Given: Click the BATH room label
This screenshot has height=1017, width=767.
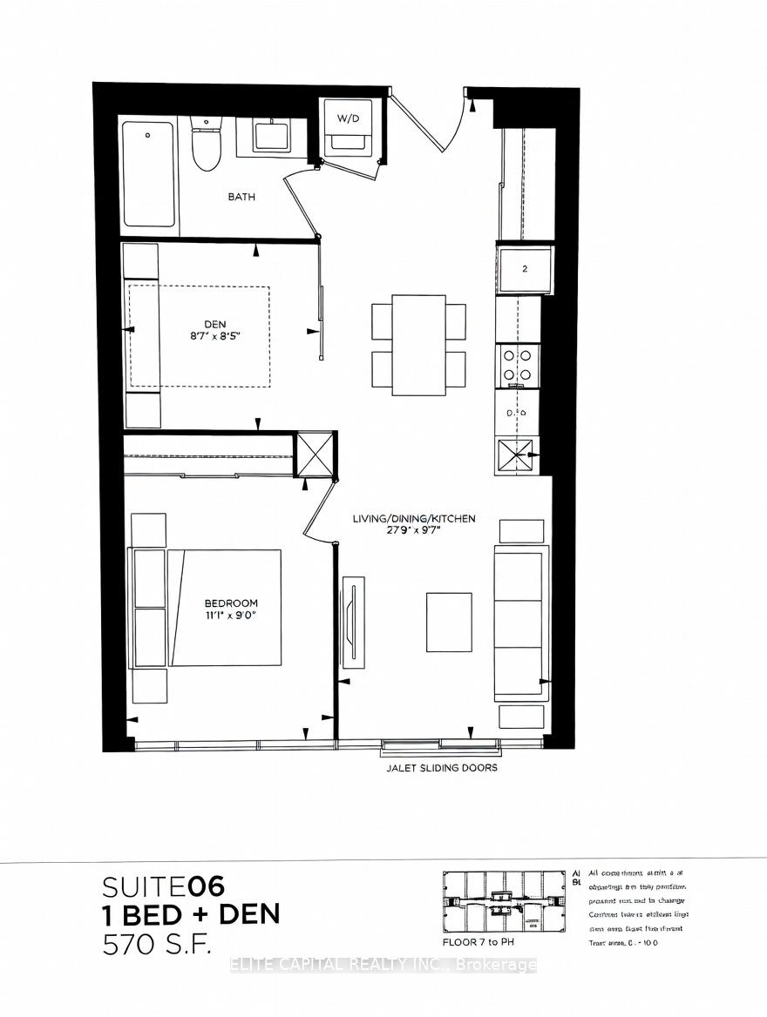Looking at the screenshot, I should click(241, 197).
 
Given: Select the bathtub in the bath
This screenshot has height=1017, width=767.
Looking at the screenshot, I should click(149, 173).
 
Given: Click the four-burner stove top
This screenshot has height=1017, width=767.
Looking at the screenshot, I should click(518, 364).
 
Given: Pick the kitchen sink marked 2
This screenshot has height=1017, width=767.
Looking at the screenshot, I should click(524, 269).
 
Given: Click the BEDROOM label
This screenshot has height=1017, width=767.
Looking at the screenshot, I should click(231, 603).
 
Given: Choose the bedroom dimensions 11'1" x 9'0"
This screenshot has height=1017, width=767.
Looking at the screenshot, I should click(231, 616).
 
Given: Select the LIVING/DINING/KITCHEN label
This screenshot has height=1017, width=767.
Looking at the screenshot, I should click(414, 519).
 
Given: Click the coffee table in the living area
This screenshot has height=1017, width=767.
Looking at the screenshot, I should click(449, 622).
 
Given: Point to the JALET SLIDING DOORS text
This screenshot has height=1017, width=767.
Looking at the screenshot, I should click(441, 768).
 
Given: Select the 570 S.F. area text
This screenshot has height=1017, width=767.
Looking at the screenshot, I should click(157, 944).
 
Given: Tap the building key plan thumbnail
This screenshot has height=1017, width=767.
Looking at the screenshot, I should click(504, 901).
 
